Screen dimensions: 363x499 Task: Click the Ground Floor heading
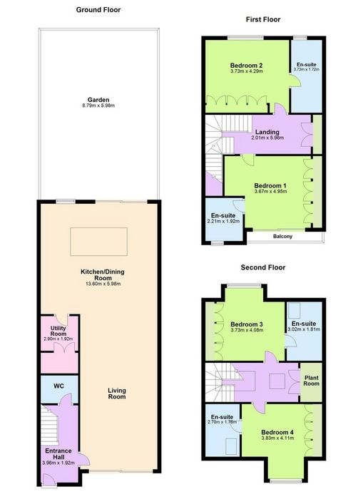98,10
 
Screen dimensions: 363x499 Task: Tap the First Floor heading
263,19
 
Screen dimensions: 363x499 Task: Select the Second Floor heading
263,267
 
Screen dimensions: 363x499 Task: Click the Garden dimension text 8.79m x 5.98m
98,106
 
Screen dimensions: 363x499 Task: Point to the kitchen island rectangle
98,242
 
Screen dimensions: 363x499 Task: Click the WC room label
58,386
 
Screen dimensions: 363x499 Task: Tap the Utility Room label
58,331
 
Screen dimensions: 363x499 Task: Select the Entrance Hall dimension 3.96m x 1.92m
58,463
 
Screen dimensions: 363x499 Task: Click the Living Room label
117,393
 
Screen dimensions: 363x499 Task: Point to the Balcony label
282,237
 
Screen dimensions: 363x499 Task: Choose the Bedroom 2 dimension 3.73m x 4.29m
247,71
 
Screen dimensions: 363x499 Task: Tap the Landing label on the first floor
267,132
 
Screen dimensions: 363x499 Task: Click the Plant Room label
311,381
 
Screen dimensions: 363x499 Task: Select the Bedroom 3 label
247,324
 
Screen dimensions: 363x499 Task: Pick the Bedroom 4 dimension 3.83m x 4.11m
277,438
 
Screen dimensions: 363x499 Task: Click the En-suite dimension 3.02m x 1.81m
304,329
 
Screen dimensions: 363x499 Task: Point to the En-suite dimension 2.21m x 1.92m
223,221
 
